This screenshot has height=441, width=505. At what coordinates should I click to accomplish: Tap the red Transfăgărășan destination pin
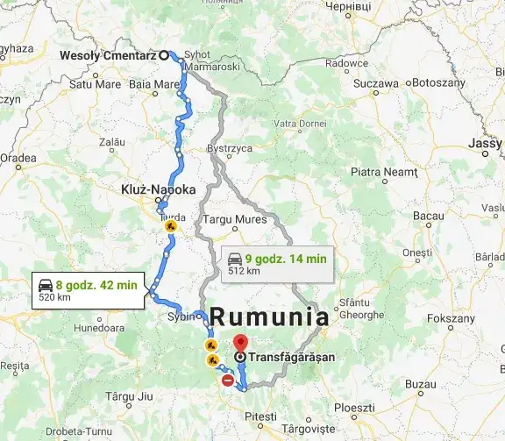point(240,343)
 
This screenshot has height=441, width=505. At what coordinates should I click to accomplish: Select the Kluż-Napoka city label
point(158,188)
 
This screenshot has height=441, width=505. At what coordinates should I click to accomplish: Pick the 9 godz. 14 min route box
point(277,264)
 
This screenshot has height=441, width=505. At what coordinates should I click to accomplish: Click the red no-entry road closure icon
point(228,381)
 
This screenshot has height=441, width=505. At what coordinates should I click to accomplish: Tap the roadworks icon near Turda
point(170,225)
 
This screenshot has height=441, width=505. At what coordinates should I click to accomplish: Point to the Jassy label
point(486,143)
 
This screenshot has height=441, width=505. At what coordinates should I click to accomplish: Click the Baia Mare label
point(153,85)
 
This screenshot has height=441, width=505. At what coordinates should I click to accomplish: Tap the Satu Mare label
point(93,85)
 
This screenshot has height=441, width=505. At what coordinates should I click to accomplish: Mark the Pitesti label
point(260,415)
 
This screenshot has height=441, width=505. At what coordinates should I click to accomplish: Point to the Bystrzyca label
point(230,149)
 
